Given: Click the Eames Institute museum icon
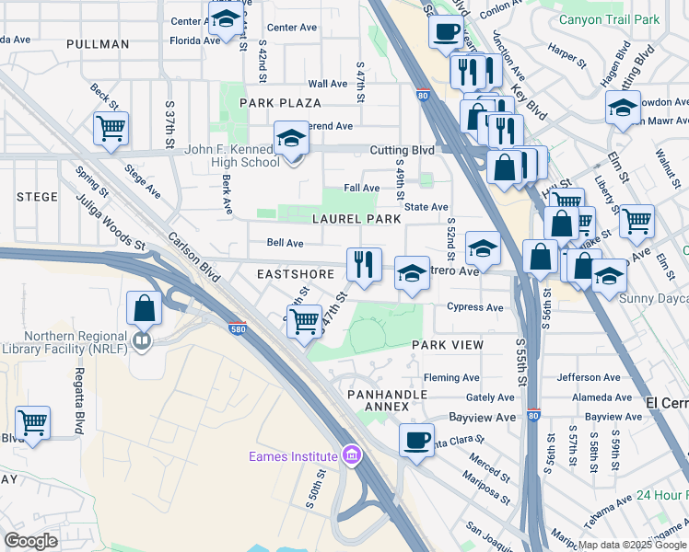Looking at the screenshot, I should coord(350,455).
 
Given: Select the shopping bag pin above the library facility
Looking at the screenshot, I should coord(145,308).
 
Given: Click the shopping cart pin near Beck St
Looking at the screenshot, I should coord(111,129).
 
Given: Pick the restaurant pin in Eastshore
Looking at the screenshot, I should coord(364,265).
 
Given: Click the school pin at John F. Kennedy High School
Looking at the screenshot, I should coord(292,140).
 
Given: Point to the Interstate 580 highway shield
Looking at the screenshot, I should coord(238,327).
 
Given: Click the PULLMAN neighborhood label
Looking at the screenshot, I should coord(98,44).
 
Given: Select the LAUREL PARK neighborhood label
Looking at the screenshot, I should coord(356,219).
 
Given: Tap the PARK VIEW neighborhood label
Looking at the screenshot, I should coord(448,344).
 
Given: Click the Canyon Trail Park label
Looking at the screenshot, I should coord(609,19).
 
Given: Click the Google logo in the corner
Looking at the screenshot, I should coord(31,541).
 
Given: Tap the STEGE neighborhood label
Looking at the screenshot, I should coord(36,197).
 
